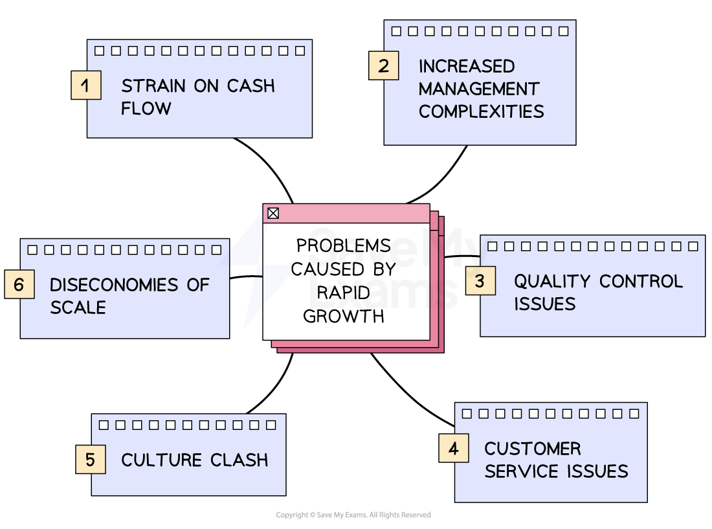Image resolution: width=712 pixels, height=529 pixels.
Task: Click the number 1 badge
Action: point(86,85)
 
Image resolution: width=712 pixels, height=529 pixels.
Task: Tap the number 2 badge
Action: point(384,65)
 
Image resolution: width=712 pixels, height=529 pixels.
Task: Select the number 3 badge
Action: point(480,280)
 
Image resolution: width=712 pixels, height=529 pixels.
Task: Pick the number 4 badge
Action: point(454,447)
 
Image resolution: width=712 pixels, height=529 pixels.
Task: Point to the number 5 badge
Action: point(91,459)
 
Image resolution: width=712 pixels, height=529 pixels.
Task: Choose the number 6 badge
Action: point(19,284)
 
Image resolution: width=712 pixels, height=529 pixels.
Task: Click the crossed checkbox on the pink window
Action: point(273,213)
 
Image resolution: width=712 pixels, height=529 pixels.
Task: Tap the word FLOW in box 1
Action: point(146,108)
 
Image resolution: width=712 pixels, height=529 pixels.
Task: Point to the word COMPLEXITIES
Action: point(481,111)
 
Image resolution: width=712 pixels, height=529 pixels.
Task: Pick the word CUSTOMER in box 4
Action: point(533,449)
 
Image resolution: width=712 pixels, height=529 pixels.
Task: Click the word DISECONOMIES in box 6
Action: point(113,285)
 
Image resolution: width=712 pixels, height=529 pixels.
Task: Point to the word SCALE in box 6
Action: point(78,308)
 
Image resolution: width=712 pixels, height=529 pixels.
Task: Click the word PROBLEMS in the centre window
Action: point(344,246)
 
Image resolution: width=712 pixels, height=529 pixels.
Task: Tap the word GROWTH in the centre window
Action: point(344,316)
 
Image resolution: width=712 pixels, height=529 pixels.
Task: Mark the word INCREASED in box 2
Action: point(467,66)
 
